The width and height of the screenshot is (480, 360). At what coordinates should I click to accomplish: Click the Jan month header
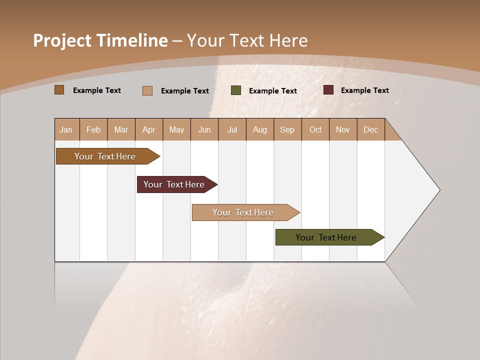[66, 129]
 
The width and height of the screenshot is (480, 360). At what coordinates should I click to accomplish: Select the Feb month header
[93, 129]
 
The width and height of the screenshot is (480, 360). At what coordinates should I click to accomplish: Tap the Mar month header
[121, 129]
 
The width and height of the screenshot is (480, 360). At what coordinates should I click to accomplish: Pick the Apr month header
[149, 129]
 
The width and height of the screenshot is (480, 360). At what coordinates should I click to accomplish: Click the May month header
[176, 129]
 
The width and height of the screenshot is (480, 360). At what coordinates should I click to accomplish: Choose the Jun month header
[204, 129]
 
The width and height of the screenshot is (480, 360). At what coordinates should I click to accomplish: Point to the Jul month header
[232, 129]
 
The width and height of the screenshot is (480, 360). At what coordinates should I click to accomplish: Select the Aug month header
[260, 129]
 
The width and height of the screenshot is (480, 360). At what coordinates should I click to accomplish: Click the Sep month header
[287, 129]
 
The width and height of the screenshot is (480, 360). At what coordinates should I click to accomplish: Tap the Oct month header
[315, 129]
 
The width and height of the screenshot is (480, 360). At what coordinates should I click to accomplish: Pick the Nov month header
[343, 129]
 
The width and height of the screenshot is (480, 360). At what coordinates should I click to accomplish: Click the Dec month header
[371, 129]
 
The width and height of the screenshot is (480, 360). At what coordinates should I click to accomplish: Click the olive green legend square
[236, 90]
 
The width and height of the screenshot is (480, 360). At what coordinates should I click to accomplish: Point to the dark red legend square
[328, 90]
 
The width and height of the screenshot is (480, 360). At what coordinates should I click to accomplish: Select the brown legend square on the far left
[59, 90]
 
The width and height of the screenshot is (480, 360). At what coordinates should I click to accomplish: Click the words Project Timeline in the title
[100, 40]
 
